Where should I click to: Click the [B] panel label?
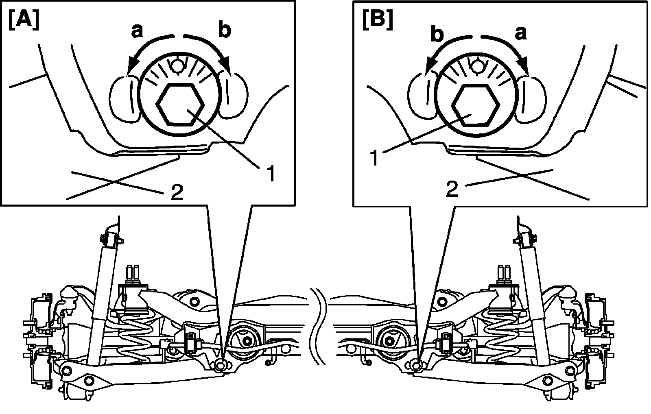point(378,21)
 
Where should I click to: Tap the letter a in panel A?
point(137,31)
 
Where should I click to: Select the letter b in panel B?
point(437,34)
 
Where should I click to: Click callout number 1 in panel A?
point(271,173)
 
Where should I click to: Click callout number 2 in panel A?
point(177,192)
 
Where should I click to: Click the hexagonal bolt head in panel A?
point(179,105)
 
